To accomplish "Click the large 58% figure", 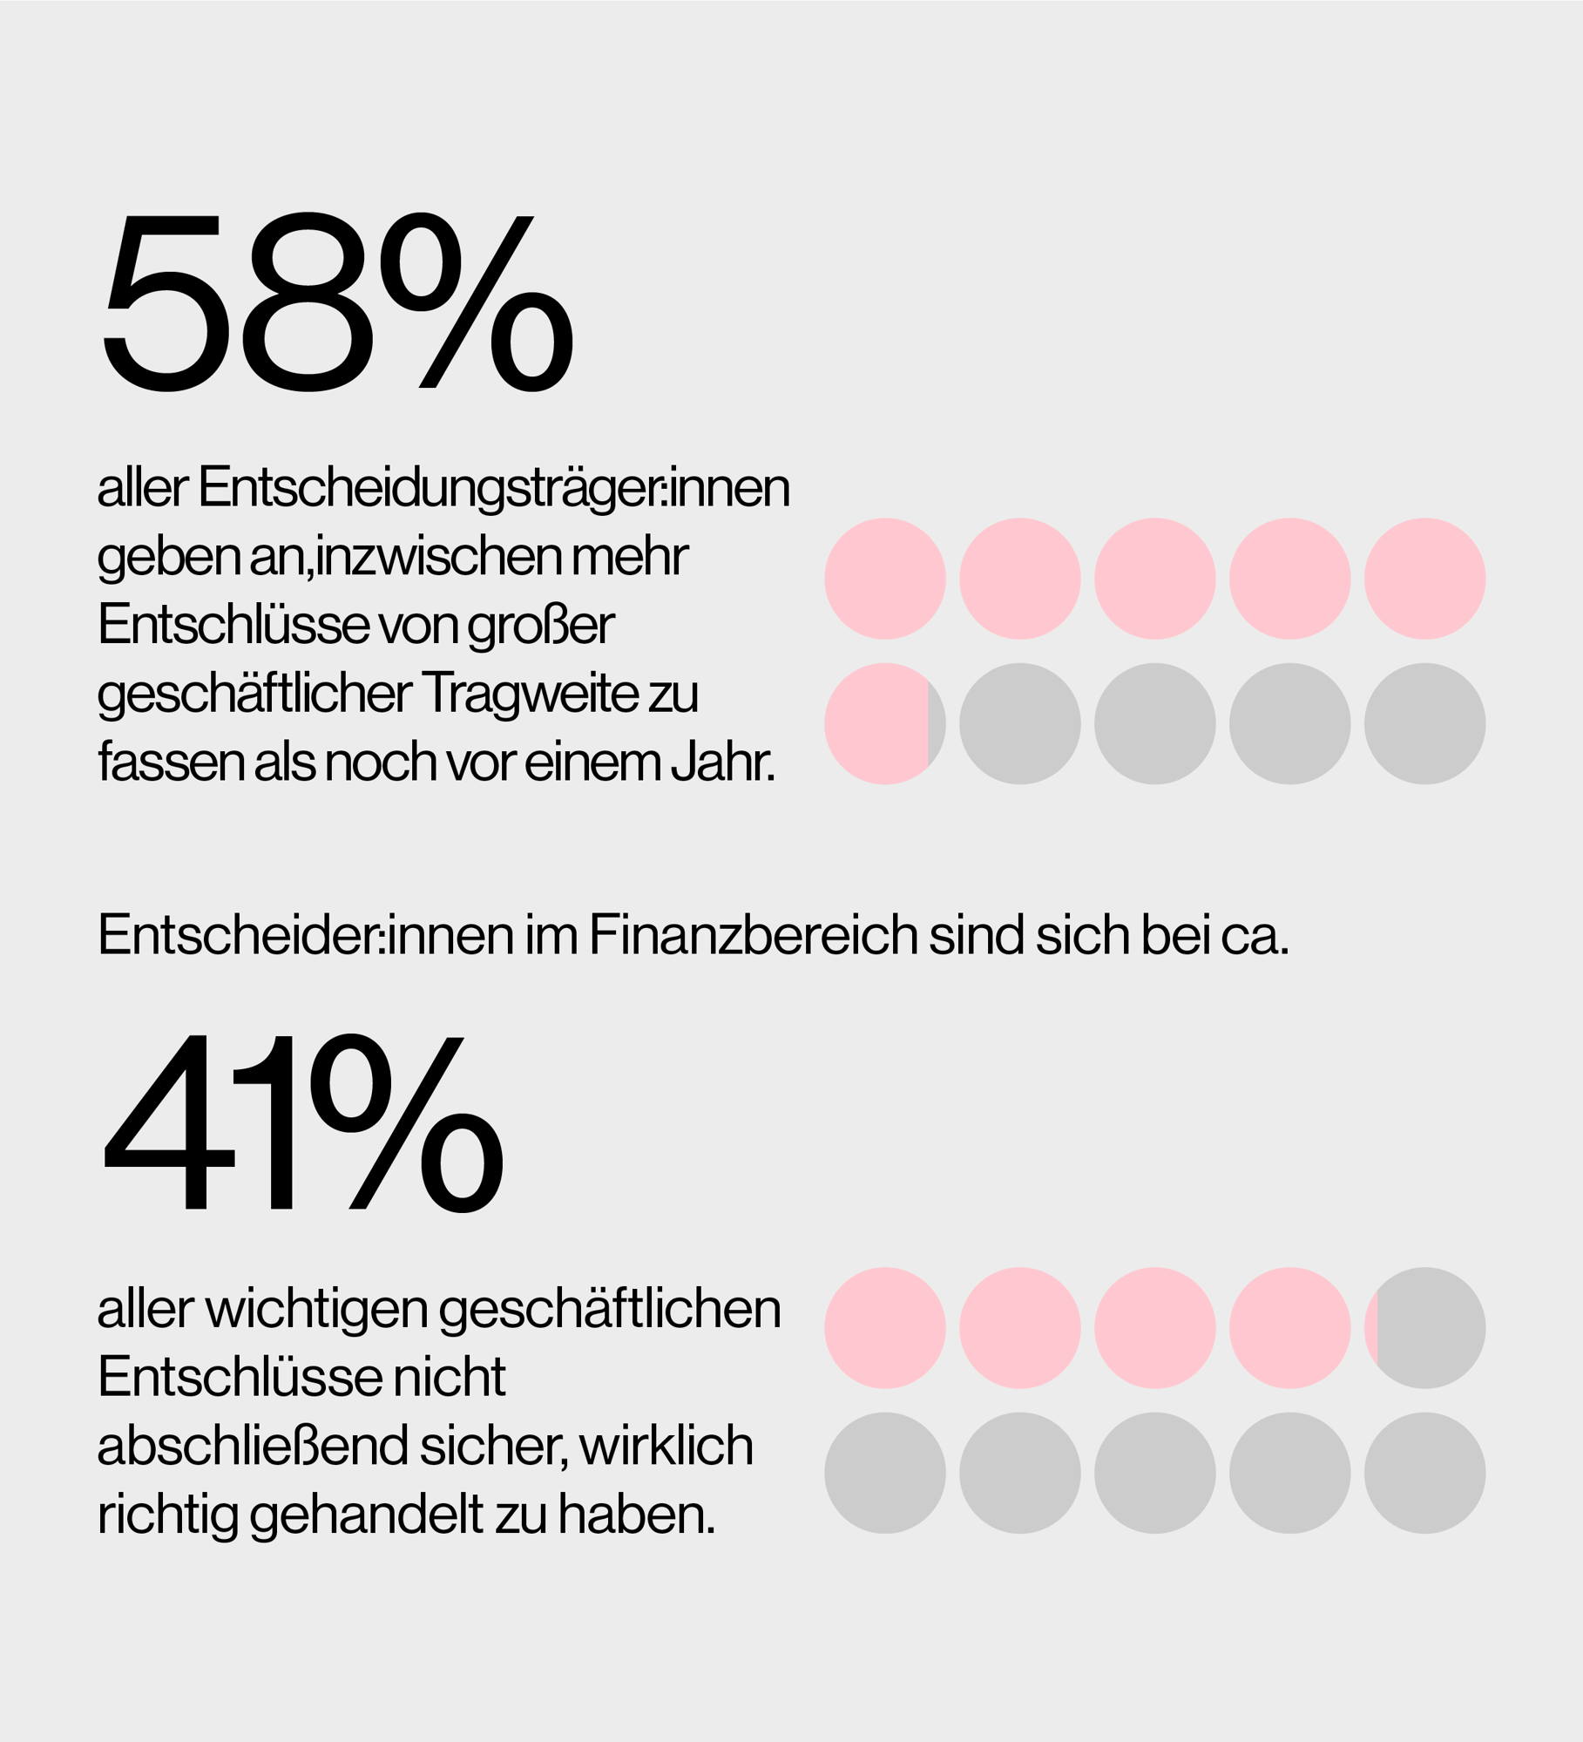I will [x=338, y=302].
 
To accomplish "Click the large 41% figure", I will [x=302, y=1123].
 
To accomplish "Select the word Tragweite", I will [x=531, y=694].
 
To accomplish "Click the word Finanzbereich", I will [x=753, y=935].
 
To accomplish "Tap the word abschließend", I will [x=252, y=1446].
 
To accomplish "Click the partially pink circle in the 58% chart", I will [x=884, y=723].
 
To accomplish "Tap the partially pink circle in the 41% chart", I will [x=1424, y=1327].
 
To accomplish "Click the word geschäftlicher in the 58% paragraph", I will [x=254, y=694].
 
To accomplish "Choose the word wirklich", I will [x=666, y=1446].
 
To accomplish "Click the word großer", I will [x=541, y=626].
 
